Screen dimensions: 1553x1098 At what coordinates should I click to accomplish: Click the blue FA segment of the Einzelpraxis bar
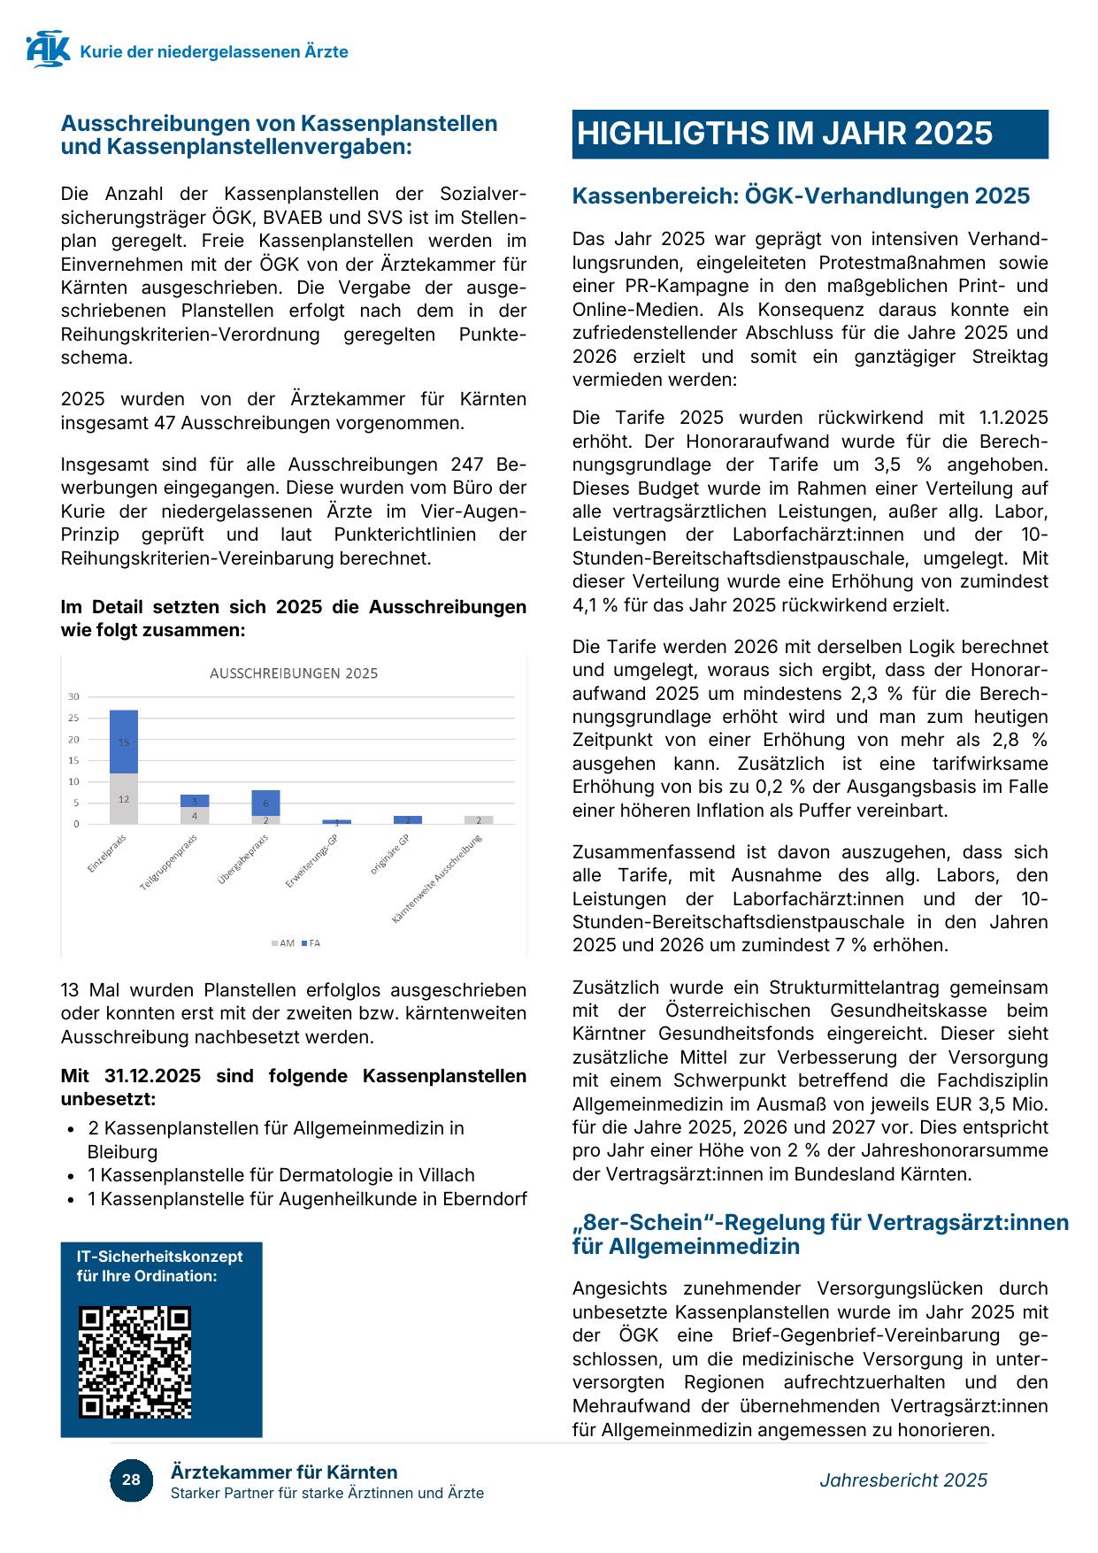124,742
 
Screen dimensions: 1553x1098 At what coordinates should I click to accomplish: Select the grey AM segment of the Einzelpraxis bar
124,799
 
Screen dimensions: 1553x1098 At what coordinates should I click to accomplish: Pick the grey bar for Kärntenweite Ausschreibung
479,820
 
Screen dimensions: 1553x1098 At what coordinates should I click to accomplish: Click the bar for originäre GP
408,820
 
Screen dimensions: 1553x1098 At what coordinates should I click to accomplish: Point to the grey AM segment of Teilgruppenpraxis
195,816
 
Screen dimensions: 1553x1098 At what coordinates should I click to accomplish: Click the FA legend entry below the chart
311,943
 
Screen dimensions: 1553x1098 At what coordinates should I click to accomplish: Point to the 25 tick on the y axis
73,718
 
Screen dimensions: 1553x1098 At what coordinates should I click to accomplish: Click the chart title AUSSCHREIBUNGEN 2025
294,673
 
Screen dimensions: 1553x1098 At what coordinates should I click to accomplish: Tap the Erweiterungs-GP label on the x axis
311,863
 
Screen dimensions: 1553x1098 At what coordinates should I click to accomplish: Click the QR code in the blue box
134,1363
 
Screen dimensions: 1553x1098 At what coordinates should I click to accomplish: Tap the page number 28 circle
131,1480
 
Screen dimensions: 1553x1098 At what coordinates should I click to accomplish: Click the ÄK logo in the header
48,50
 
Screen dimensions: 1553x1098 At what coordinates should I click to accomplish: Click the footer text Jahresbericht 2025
902,1480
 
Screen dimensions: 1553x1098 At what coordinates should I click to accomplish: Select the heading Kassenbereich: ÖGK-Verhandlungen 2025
801,196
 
